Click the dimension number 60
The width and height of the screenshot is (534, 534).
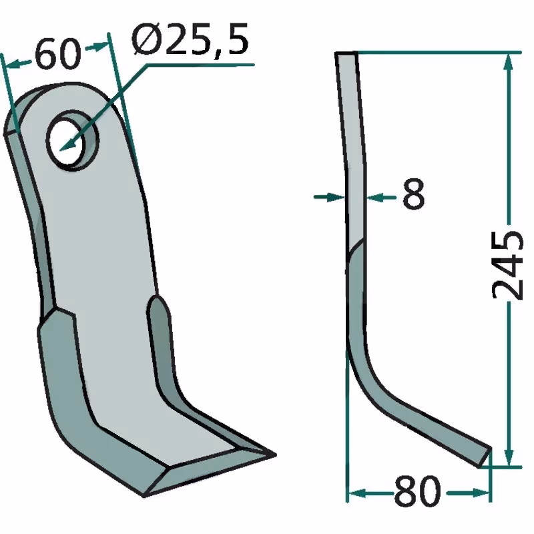pos(58,54)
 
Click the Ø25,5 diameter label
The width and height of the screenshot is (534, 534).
pos(190,40)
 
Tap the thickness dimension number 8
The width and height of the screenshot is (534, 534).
pos(413,194)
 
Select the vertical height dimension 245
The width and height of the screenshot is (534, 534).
pos(507,264)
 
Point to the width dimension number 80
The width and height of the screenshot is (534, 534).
pos(417,492)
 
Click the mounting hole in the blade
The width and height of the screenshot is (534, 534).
pos(72,140)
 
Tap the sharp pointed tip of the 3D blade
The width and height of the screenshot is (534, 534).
pos(274,455)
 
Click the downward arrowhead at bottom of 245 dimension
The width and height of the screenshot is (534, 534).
pos(508,457)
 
